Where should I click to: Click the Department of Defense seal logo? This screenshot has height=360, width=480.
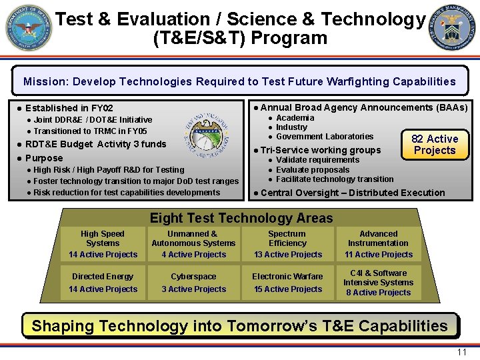click(x=29, y=28)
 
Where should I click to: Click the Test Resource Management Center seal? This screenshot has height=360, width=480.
click(x=452, y=28)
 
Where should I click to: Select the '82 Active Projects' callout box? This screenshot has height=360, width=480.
click(x=435, y=144)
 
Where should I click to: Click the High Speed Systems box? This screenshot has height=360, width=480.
click(x=103, y=244)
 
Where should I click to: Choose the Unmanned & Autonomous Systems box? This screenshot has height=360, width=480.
click(x=193, y=244)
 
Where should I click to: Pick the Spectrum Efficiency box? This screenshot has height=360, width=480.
click(x=287, y=244)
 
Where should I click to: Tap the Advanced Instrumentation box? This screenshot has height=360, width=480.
click(x=378, y=244)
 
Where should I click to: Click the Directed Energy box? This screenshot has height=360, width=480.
click(x=103, y=283)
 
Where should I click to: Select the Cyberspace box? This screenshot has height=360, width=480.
click(x=193, y=283)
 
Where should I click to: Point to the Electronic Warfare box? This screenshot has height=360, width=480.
click(x=287, y=283)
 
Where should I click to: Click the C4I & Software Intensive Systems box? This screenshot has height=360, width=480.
click(x=378, y=283)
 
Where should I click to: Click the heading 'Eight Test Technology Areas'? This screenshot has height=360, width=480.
click(x=241, y=218)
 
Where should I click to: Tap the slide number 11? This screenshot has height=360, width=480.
click(x=461, y=352)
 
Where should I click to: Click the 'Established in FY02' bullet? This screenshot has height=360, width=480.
click(x=69, y=108)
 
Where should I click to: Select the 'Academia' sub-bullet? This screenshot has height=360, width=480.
click(x=295, y=118)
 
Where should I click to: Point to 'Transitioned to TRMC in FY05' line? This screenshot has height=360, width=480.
click(x=90, y=131)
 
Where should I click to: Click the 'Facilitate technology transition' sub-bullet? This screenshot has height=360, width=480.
click(x=334, y=179)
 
